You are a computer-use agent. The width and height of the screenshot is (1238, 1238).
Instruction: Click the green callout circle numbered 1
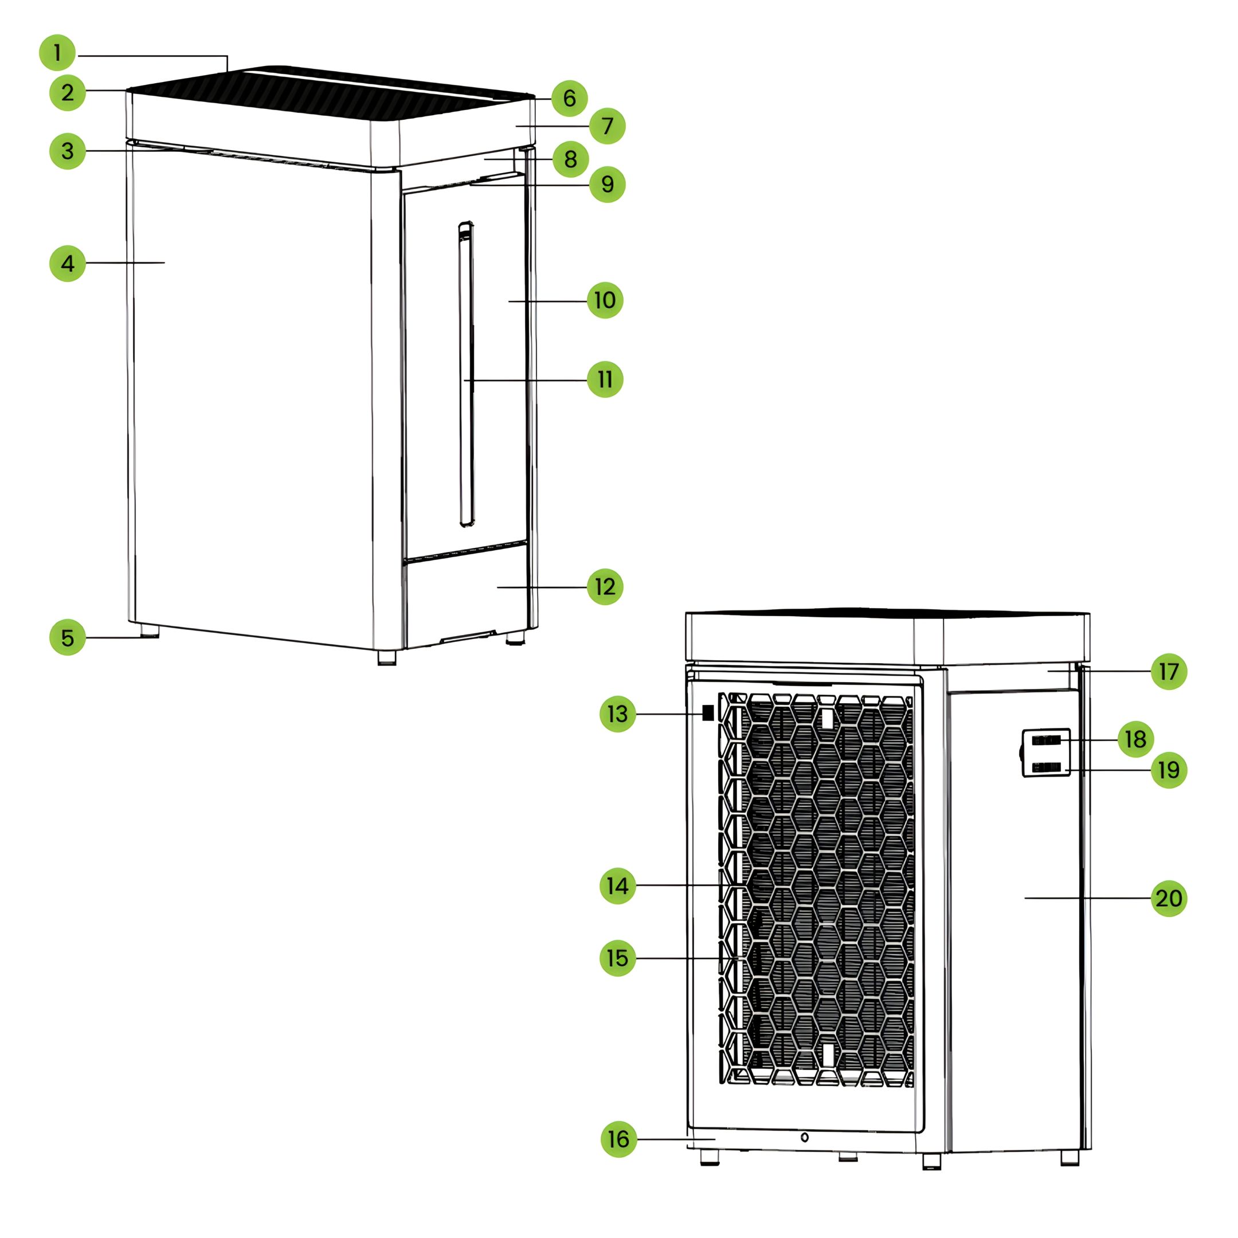pyautogui.click(x=57, y=53)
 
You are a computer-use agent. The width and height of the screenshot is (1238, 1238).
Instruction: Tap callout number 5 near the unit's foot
pyautogui.click(x=67, y=637)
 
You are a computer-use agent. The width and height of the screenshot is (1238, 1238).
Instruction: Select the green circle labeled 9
pyautogui.click(x=607, y=185)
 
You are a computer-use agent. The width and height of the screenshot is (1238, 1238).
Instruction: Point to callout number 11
pyautogui.click(x=605, y=379)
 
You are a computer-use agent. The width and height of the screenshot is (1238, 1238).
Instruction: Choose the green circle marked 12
pyautogui.click(x=605, y=587)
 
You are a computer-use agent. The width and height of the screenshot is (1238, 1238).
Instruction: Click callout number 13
pyautogui.click(x=618, y=714)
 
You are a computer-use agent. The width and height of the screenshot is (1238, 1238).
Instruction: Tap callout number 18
pyautogui.click(x=1135, y=739)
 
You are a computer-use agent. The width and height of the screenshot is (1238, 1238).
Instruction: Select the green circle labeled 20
pyautogui.click(x=1169, y=898)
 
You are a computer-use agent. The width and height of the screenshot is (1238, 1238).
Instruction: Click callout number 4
pyautogui.click(x=67, y=264)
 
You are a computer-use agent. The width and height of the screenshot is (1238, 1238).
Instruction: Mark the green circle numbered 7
pyautogui.click(x=607, y=126)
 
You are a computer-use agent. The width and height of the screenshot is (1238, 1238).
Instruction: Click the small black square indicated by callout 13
pyautogui.click(x=708, y=712)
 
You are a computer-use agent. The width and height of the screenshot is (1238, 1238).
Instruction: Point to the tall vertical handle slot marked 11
pyautogui.click(x=467, y=374)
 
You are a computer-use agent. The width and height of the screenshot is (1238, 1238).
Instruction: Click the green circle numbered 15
pyautogui.click(x=618, y=958)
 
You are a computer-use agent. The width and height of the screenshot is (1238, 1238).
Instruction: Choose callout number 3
pyautogui.click(x=67, y=151)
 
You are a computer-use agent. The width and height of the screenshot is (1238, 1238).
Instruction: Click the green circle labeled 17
pyautogui.click(x=1169, y=672)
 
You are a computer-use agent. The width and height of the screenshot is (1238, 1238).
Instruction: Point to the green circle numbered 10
pyautogui.click(x=605, y=300)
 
